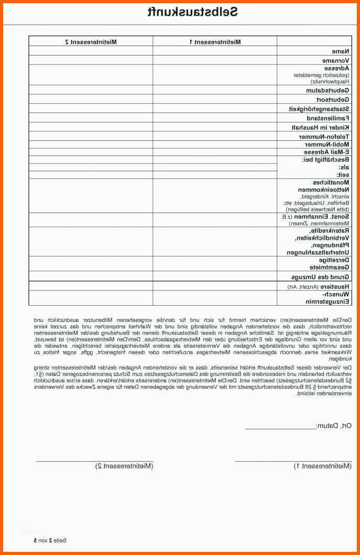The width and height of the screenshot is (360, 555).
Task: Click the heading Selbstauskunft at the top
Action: (192, 12)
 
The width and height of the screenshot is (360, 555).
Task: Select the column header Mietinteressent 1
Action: (215, 41)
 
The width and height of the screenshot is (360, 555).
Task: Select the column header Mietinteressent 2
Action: (91, 41)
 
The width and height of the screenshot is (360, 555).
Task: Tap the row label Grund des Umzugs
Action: (321, 276)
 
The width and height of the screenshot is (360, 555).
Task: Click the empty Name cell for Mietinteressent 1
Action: (215, 51)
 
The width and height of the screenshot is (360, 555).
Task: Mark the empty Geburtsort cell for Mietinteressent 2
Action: (91, 99)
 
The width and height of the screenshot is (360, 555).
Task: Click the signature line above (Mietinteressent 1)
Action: (293, 460)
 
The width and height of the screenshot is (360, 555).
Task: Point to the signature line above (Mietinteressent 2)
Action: (94, 460)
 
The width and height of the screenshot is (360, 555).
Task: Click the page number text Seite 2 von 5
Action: (50, 540)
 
